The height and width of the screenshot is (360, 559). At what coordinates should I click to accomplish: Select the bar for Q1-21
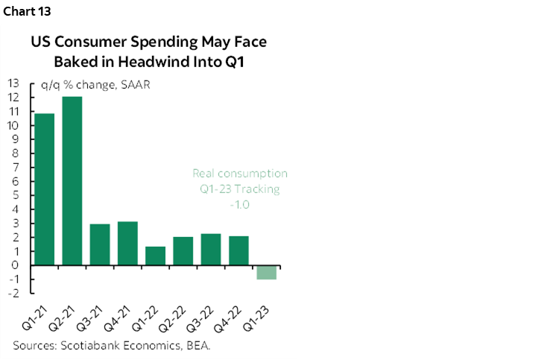pos(44,189)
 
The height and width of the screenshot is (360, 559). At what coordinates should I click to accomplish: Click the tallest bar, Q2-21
pos(72,181)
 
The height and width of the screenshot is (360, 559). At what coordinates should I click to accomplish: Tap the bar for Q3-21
pos(100,244)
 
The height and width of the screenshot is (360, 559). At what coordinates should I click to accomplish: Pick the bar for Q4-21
pos(127,243)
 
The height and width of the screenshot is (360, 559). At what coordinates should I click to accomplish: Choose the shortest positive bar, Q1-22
pos(155,256)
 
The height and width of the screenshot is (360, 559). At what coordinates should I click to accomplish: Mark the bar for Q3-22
pos(210,250)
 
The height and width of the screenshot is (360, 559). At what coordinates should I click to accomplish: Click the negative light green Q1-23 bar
pos(266,272)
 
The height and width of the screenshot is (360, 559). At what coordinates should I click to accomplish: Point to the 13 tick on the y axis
pos(13,83)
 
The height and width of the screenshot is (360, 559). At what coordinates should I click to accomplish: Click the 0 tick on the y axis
pos(16,265)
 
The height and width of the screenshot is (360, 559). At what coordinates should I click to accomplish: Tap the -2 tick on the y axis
pos(13,293)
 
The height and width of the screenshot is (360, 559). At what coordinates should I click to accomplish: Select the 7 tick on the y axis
pos(16,168)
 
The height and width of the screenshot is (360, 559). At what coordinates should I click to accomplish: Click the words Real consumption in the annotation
pos(239,174)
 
